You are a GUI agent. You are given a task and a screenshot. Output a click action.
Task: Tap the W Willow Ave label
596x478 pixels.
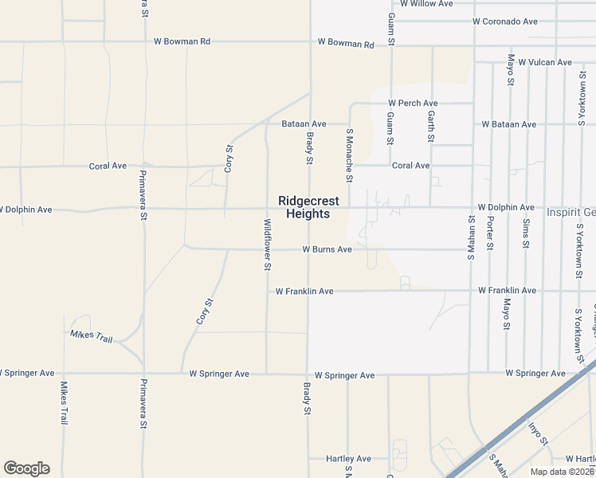[x=426, y=4]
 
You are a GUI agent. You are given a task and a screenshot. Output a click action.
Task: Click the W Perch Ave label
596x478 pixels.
[x=413, y=104]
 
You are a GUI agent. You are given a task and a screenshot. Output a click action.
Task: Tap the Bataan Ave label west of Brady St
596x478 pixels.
[x=304, y=124]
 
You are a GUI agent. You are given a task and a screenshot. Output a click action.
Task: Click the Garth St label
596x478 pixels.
[x=431, y=126]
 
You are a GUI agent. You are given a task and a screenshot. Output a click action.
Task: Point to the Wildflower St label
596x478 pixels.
[x=267, y=245]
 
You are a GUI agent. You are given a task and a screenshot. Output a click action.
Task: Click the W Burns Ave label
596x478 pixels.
[x=327, y=249]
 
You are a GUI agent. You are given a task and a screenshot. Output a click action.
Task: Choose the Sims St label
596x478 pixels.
[x=526, y=233]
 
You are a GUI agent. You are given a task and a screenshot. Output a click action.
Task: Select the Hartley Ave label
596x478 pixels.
[x=349, y=459]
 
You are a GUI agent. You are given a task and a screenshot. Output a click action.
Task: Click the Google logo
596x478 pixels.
[x=26, y=468]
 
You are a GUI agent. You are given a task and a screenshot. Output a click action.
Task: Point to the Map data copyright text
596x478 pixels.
[x=561, y=472]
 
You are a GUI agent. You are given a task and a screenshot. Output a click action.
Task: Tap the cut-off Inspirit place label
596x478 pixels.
[x=571, y=213]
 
